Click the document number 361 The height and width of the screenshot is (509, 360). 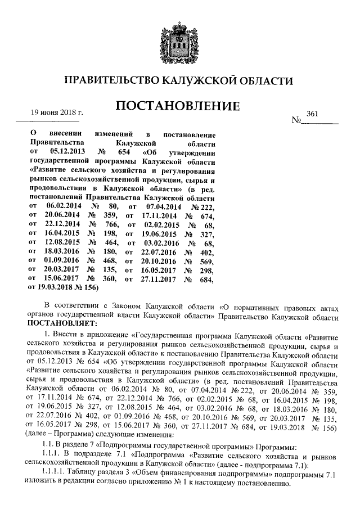pyautogui.click(x=313, y=114)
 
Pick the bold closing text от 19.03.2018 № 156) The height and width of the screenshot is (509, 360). pyautogui.click(x=63, y=287)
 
